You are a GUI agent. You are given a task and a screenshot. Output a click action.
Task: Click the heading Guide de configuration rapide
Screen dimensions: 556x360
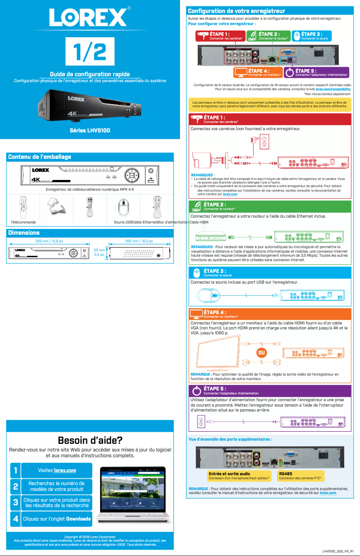(90, 74)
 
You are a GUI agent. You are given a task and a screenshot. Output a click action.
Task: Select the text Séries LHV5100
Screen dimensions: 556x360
(90, 131)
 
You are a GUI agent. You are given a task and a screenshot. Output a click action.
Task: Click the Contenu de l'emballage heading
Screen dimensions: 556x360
(40, 157)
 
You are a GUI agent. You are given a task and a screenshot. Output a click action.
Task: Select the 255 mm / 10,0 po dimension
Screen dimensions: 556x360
(139, 241)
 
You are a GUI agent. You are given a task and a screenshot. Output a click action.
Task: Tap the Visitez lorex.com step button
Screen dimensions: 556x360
(57, 470)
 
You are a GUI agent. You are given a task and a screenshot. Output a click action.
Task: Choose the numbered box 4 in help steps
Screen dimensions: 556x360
(15, 519)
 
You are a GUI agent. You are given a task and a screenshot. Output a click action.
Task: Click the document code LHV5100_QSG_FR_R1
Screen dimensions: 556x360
(338, 551)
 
